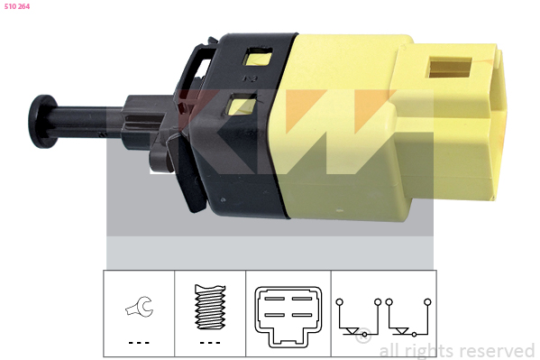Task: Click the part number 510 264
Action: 17,6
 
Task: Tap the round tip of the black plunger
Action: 41,122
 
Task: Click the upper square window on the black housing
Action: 257,57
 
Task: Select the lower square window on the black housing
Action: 242,106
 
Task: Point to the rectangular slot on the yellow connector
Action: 450,68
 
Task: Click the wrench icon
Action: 139,307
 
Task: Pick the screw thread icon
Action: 210,307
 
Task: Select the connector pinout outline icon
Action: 288,317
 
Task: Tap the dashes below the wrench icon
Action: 139,343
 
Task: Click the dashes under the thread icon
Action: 210,343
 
